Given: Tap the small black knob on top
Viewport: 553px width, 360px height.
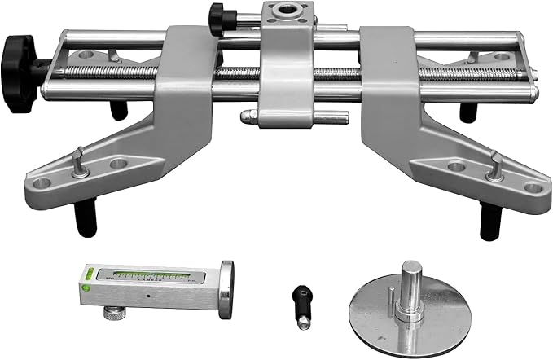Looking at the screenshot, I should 217,16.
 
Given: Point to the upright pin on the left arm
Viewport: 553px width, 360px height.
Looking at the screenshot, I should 77,161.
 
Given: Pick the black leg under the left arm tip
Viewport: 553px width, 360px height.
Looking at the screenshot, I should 84,218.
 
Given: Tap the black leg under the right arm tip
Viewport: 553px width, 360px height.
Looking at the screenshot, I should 489,222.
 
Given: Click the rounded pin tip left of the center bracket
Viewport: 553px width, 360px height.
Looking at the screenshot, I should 244,117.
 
